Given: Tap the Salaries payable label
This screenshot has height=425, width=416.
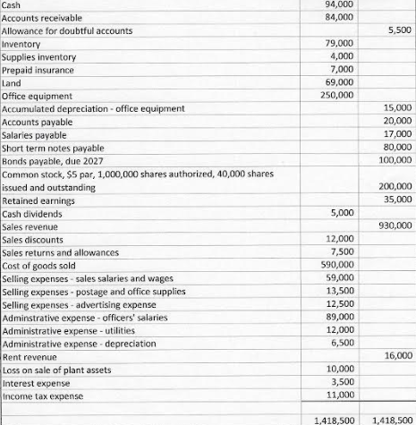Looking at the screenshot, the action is (37, 135).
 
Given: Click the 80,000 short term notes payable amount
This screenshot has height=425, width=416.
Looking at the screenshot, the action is (397, 149).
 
